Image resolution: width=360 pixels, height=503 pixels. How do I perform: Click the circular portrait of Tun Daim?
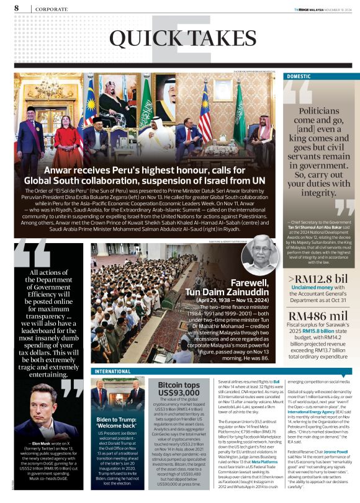click(256, 255)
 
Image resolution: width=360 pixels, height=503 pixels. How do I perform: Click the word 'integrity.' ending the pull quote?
click(318, 193)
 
